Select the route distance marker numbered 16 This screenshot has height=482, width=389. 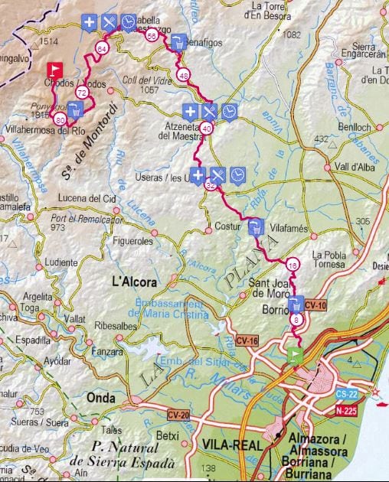pos(293,265)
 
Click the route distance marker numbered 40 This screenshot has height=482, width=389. pos(207,129)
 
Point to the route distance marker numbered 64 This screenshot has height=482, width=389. pos(102,48)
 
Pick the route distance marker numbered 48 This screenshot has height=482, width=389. pos(183,75)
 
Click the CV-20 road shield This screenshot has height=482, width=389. pos(177,414)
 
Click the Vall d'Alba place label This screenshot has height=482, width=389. pos(353,167)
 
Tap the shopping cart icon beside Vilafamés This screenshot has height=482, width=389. pos(255,226)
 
